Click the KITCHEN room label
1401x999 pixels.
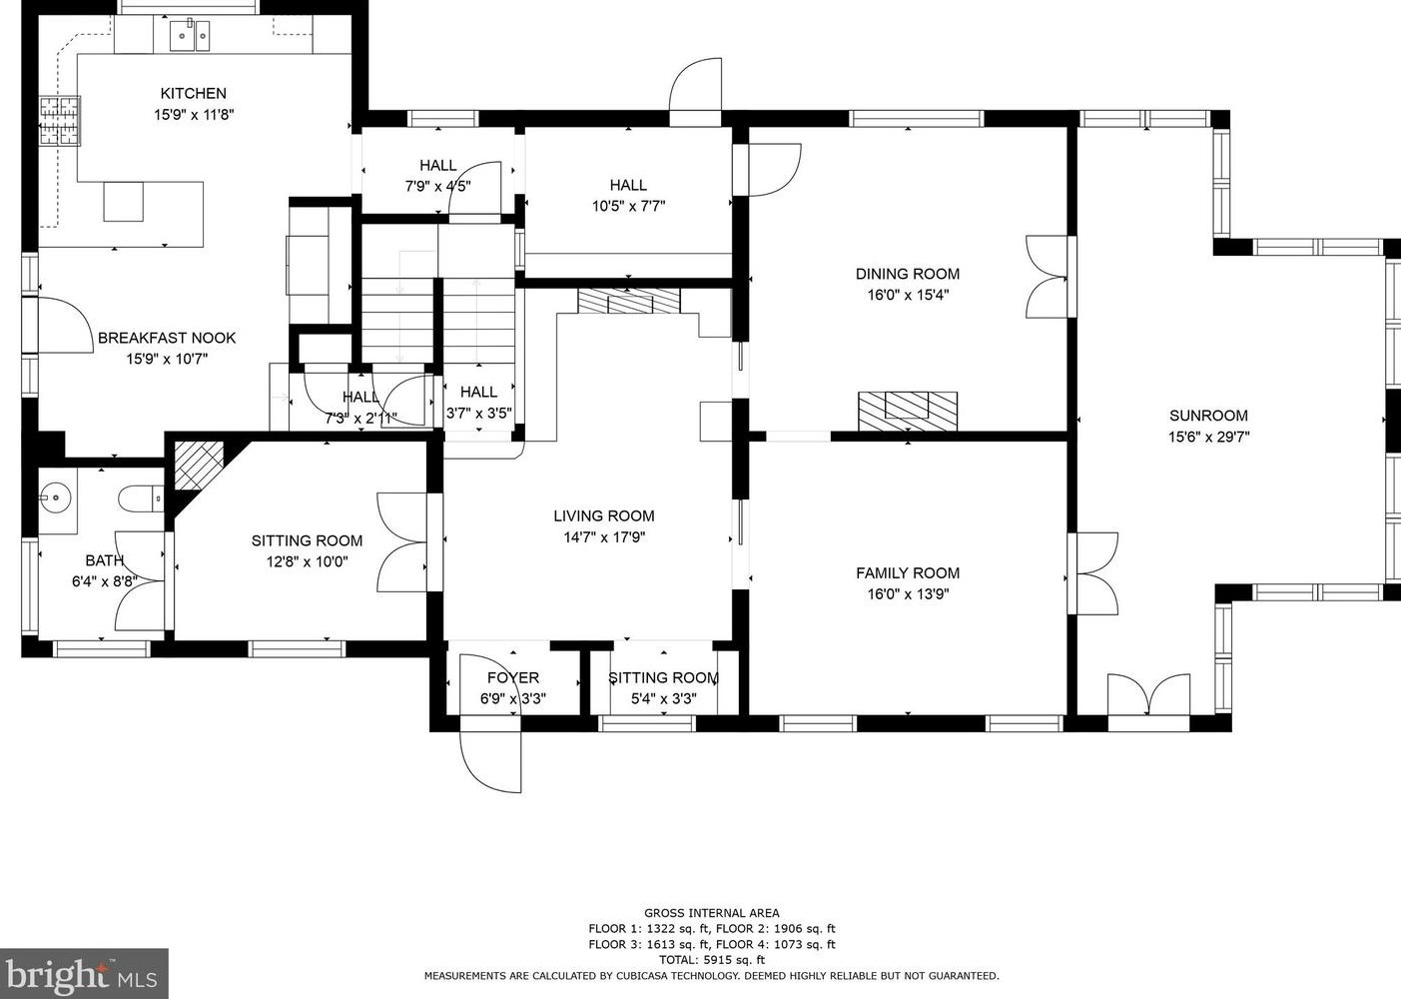click(193, 93)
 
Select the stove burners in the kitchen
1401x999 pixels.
click(59, 121)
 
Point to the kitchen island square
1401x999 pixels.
click(123, 201)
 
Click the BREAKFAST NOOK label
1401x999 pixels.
click(167, 338)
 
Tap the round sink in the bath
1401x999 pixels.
click(56, 496)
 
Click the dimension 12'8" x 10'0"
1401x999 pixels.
click(307, 561)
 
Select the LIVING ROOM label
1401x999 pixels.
click(603, 515)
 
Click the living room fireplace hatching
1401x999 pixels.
click(627, 302)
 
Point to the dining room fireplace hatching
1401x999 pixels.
click(907, 411)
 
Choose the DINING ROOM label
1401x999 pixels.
click(907, 274)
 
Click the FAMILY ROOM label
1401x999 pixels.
click(907, 572)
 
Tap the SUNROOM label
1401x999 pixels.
click(1208, 416)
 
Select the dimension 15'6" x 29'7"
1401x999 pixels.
click(1208, 437)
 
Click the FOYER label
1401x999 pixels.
click(513, 677)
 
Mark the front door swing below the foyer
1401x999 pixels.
click(491, 761)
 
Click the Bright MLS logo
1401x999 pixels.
click(84, 973)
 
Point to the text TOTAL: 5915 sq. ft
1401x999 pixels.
click(711, 959)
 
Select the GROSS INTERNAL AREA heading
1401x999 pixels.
click(711, 912)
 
